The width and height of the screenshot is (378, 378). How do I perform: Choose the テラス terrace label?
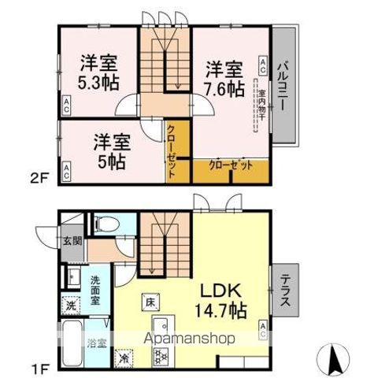tap(284, 293)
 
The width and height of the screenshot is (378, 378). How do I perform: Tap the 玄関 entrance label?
tap(72, 242)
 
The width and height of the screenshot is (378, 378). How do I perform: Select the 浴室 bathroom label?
tap(98, 343)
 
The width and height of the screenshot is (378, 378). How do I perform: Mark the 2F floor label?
tap(42, 178)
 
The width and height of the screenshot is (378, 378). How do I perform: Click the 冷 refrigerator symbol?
tap(124, 354)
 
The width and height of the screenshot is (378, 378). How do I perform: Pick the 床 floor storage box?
tap(149, 301)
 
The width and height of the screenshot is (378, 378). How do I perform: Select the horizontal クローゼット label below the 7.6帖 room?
tap(231, 165)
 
